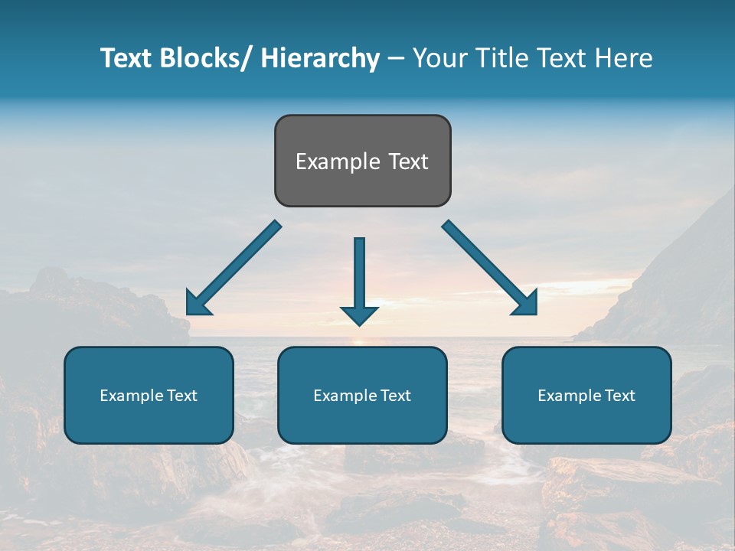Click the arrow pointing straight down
(x=359, y=275)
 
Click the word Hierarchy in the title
(x=319, y=58)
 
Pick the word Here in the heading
(x=624, y=58)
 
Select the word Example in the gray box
(x=337, y=161)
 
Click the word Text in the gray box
(x=407, y=161)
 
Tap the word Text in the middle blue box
(x=394, y=396)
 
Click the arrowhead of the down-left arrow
(x=197, y=305)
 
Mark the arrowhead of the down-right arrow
(x=527, y=305)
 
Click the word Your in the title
(x=437, y=58)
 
